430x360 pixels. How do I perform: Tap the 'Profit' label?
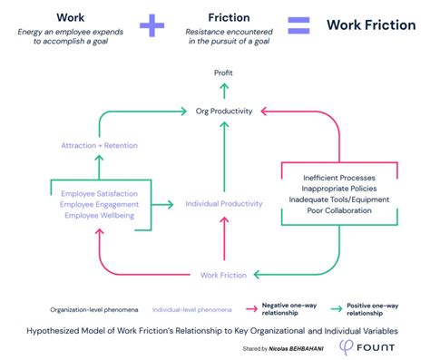tap(223, 72)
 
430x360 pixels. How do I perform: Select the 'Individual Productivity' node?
tap(224, 204)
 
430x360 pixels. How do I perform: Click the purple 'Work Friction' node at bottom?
tap(224, 274)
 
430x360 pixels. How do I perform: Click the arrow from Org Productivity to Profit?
tap(223, 91)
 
